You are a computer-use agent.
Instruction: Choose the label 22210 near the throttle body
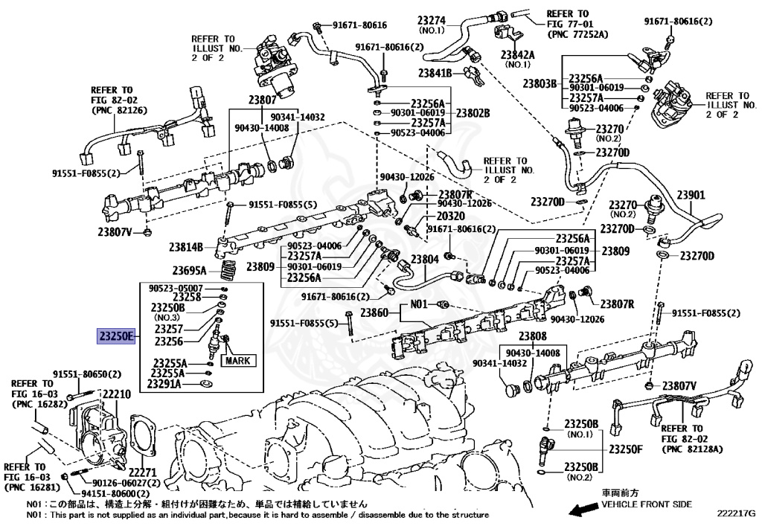pyautogui.click(x=117, y=394)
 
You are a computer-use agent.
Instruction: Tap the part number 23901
pyautogui.click(x=690, y=196)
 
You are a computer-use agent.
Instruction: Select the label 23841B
pyautogui.click(x=435, y=74)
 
